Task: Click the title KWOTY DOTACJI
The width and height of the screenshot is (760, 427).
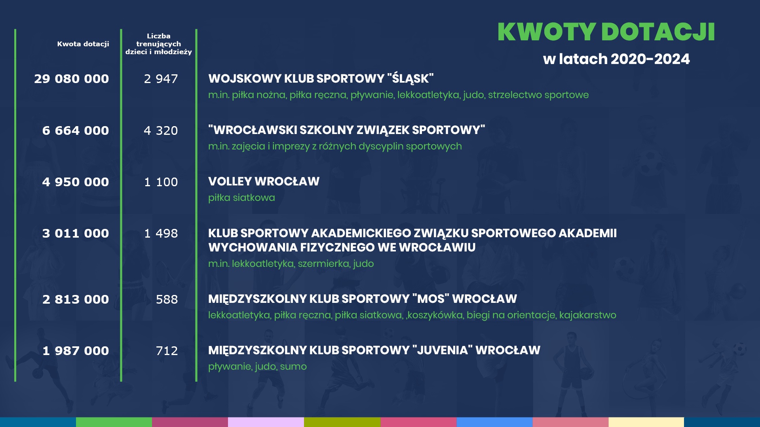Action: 606,32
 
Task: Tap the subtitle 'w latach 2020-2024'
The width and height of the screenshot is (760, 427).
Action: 616,59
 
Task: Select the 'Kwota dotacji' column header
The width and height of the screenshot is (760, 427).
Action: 83,44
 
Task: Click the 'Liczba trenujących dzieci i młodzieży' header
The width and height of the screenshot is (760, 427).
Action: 159,44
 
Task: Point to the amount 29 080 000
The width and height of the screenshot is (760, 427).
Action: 72,79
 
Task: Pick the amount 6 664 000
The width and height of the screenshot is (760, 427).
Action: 76,130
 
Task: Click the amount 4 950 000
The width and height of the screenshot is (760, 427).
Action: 76,182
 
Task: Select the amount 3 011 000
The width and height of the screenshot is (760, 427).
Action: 76,233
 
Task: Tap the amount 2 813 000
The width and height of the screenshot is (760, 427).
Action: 76,299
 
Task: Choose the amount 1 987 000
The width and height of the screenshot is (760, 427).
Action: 76,351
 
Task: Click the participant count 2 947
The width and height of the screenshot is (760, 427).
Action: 161,79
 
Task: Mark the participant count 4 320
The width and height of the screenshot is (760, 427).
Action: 161,130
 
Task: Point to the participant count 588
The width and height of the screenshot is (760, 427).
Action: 167,299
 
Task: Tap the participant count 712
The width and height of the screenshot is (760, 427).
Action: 167,351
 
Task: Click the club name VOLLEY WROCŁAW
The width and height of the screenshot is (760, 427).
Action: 264,181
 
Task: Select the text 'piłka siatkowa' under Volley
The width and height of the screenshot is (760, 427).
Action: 241,198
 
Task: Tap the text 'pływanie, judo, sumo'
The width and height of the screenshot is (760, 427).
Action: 258,367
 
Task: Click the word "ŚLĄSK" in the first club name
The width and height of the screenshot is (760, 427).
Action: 410,79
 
